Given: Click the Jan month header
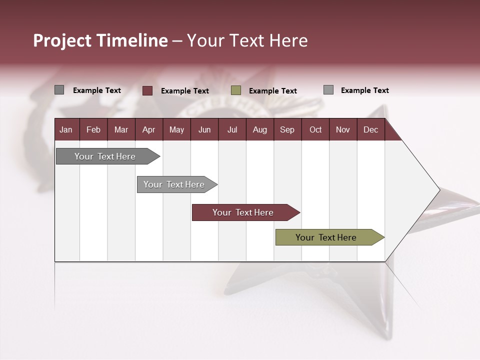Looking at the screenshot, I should [x=66, y=129].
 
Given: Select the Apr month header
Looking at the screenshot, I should [x=148, y=129].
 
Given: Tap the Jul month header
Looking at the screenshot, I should [x=232, y=129].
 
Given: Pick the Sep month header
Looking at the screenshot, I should [x=287, y=129].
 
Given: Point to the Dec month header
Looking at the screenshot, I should [x=370, y=129].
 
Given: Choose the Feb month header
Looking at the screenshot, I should [x=93, y=129].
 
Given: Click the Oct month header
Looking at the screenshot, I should [x=315, y=129].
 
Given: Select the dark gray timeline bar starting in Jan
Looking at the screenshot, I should [x=105, y=156].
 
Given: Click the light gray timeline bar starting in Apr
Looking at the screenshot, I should [x=174, y=184].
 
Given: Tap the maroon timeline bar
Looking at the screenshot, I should [x=243, y=212].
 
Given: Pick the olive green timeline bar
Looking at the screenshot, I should [x=326, y=237].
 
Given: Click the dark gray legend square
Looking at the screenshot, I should [x=59, y=90].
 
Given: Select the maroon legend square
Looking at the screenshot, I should [x=147, y=90].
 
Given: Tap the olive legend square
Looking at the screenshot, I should [x=236, y=90].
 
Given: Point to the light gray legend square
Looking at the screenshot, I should [x=328, y=90].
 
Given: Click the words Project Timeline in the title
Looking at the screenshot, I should [x=100, y=40].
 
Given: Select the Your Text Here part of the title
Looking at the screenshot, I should [x=247, y=40].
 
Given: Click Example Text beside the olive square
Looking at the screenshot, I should [x=273, y=91].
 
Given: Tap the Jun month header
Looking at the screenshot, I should [x=204, y=129].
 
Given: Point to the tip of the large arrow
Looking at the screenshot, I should [x=438, y=189].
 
